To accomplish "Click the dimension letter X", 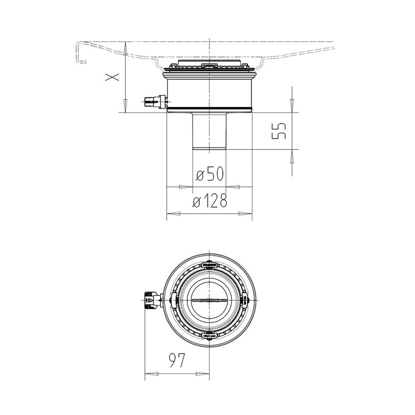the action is click(x=112, y=77).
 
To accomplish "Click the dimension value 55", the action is click(x=279, y=131).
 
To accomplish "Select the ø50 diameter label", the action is click(x=209, y=174).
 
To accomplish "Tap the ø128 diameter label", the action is click(x=210, y=200).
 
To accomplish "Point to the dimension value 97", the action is click(x=177, y=360).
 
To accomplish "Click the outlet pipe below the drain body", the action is click(x=209, y=131).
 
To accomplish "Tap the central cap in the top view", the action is click(x=209, y=300).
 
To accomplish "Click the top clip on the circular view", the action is click(x=209, y=265).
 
